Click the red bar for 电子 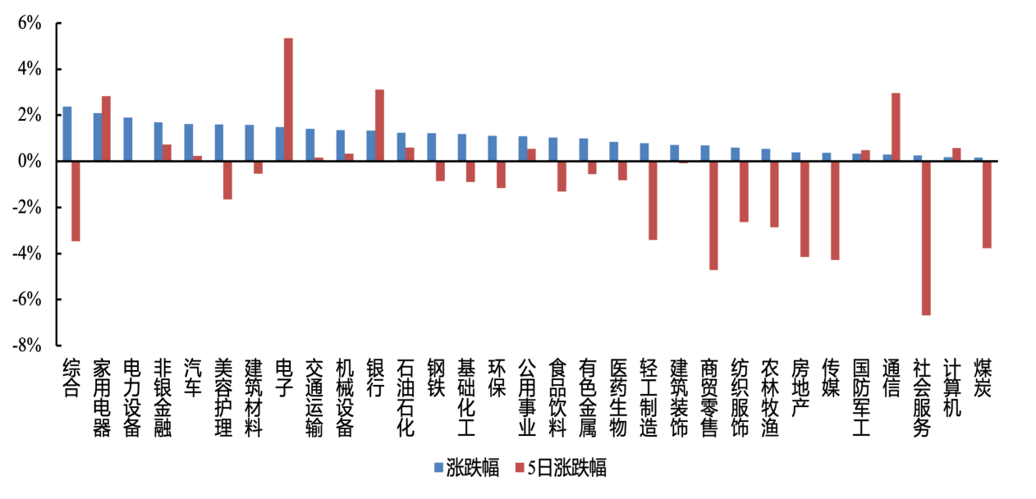(x=288, y=99)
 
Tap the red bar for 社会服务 (x=926, y=238)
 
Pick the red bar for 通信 (x=896, y=127)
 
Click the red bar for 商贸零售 (x=713, y=215)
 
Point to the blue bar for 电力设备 (x=128, y=140)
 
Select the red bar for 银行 (x=379, y=126)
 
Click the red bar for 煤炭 (x=987, y=204)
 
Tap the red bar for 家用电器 (x=106, y=129)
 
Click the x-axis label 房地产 (x=800, y=387)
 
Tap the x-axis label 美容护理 (x=222, y=397)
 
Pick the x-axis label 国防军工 (x=860, y=397)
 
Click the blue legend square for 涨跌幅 (x=438, y=469)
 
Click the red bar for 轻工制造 (x=653, y=200)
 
